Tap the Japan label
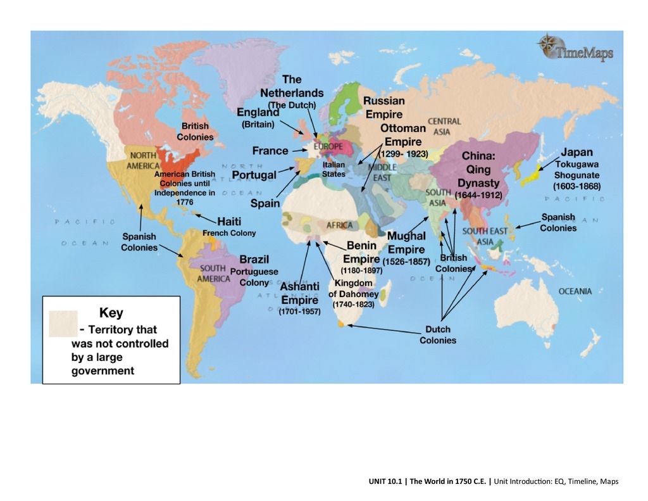(x=576, y=152)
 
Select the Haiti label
(x=229, y=222)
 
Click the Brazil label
(x=254, y=259)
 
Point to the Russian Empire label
(x=383, y=108)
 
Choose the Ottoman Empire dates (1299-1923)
(x=403, y=154)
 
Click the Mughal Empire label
(x=406, y=242)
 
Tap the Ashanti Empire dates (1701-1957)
(x=299, y=310)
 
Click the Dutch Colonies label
(x=437, y=334)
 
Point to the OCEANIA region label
(x=575, y=291)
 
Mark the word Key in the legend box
(x=111, y=313)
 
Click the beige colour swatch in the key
(x=63, y=323)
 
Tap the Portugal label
(x=254, y=175)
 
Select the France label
(x=270, y=151)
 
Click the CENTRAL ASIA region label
(x=444, y=126)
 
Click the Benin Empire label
(x=359, y=252)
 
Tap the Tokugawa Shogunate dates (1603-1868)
(x=576, y=186)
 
